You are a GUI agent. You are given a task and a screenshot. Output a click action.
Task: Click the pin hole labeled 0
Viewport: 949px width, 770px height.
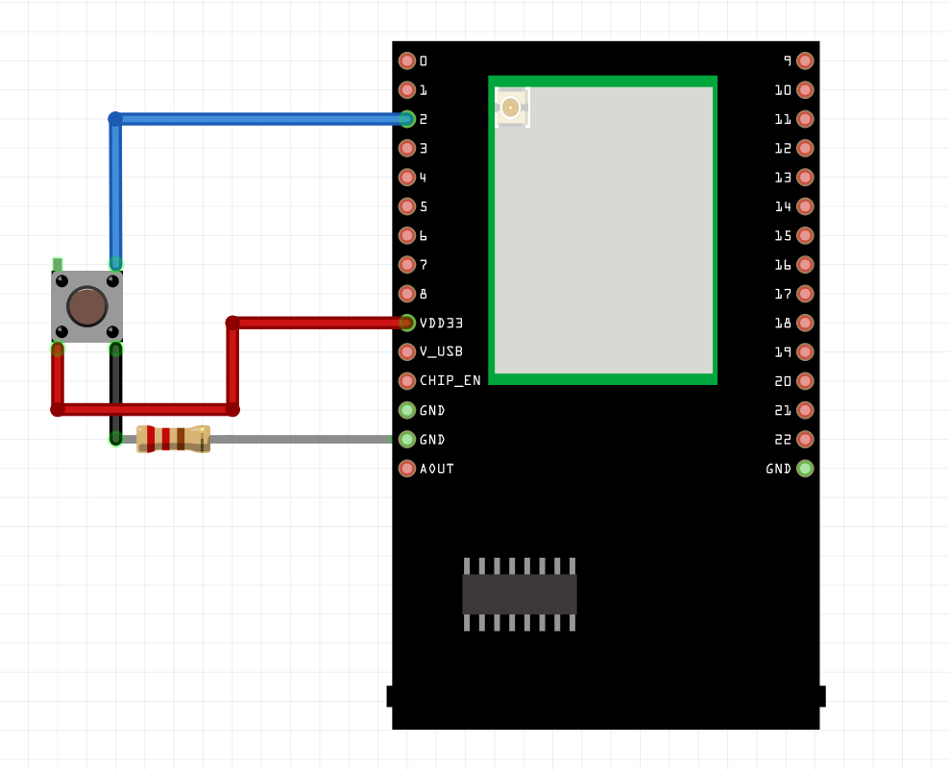click(x=407, y=60)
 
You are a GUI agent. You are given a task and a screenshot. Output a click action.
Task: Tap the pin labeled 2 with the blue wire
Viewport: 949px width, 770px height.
click(x=407, y=119)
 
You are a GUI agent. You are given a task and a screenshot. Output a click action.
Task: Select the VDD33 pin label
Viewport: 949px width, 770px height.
click(x=442, y=323)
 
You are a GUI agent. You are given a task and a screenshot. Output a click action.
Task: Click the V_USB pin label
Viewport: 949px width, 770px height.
click(x=441, y=351)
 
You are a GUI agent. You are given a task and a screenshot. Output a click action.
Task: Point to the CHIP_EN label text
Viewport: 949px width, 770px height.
click(x=450, y=380)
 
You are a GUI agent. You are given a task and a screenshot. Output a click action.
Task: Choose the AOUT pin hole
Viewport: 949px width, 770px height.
click(x=407, y=469)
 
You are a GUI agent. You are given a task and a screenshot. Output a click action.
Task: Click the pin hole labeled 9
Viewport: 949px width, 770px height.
click(x=805, y=60)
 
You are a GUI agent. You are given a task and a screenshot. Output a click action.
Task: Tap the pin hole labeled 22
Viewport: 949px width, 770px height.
click(x=805, y=439)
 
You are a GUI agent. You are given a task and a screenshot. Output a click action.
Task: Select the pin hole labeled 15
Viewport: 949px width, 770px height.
click(x=805, y=235)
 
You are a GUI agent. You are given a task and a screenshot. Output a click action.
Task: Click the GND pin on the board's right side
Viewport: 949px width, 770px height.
click(x=805, y=469)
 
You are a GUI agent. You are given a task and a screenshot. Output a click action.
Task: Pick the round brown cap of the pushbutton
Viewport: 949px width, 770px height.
click(x=87, y=306)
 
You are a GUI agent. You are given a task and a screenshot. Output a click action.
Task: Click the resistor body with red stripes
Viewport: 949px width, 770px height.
click(x=173, y=439)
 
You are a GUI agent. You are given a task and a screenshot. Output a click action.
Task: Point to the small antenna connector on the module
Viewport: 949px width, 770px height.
click(x=511, y=108)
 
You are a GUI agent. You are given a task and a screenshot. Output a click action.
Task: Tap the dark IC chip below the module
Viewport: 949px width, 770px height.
click(x=520, y=594)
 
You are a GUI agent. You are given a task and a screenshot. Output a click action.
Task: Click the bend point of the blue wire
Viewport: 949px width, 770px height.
click(x=115, y=119)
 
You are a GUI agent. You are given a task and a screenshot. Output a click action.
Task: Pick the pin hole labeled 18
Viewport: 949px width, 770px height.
click(x=805, y=323)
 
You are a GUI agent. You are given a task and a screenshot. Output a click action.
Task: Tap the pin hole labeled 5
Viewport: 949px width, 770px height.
click(x=407, y=206)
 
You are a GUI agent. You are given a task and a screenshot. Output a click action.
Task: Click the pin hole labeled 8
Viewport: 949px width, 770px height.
click(x=407, y=294)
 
